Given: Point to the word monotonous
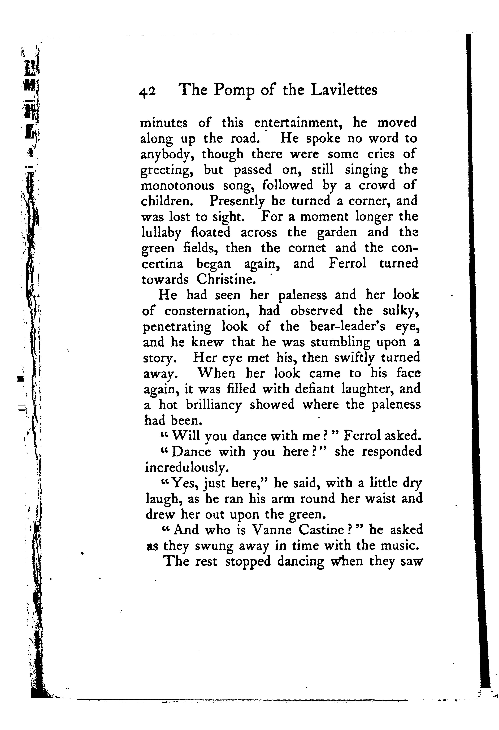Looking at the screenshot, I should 177,186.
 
